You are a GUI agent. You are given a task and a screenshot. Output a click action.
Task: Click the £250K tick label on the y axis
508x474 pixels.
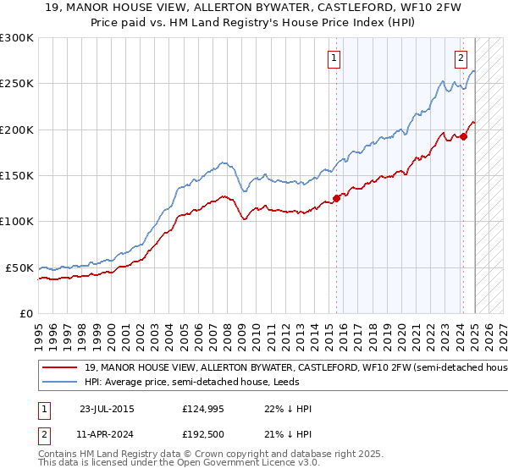click(x=17, y=84)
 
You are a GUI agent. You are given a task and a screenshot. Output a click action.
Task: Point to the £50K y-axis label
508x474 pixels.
click(x=20, y=267)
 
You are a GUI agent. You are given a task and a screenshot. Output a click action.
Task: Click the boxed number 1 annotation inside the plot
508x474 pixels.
click(x=334, y=58)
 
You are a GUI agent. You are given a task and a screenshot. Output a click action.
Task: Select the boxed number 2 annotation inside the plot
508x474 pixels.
click(x=460, y=58)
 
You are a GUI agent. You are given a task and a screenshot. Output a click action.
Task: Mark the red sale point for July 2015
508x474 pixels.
click(x=336, y=199)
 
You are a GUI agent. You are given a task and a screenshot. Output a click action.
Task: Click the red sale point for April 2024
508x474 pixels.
click(x=464, y=136)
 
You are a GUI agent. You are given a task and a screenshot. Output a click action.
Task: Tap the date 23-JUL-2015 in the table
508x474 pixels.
click(x=106, y=409)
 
